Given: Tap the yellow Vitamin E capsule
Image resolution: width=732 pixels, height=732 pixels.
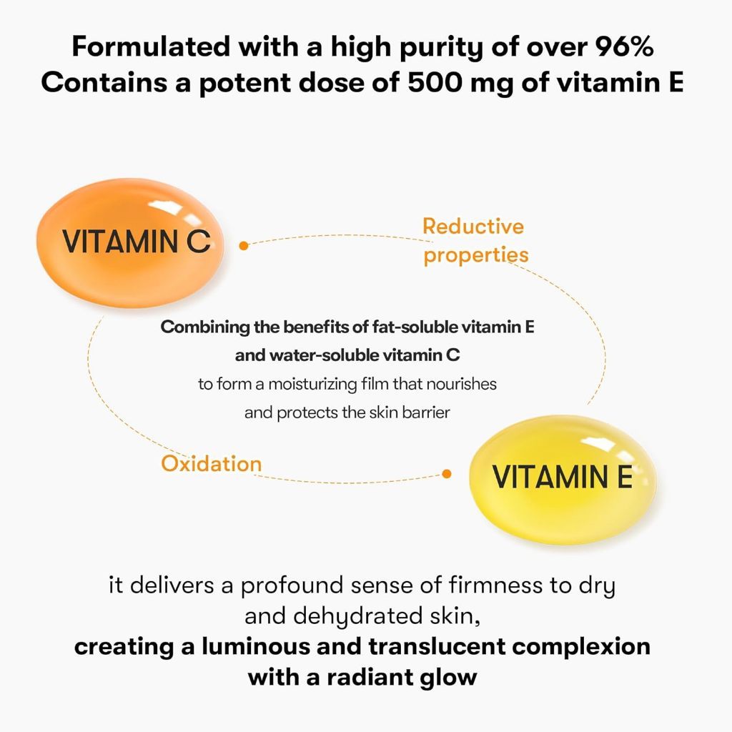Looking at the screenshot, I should point(562,478).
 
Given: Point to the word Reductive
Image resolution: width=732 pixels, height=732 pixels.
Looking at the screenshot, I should point(473,227).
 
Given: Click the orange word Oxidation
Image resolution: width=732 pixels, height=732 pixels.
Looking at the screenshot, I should point(211,463).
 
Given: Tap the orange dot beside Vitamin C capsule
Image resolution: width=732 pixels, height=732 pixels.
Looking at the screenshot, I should point(244,245).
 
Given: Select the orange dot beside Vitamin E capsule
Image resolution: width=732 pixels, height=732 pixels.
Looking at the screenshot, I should point(447,473).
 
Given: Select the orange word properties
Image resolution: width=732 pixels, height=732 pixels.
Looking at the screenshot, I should point(476,255).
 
